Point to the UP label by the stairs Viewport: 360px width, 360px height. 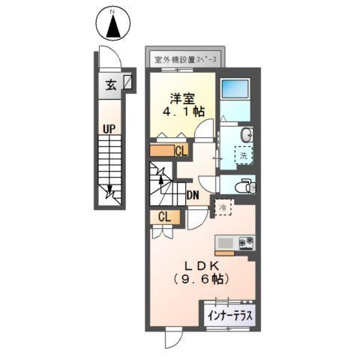pyautogui.click(x=109, y=129)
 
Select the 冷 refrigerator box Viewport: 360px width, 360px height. pyautogui.click(x=223, y=205)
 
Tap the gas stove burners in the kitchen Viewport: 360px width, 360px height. pyautogui.click(x=246, y=242)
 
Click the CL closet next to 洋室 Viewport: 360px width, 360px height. pyautogui.click(x=181, y=151)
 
